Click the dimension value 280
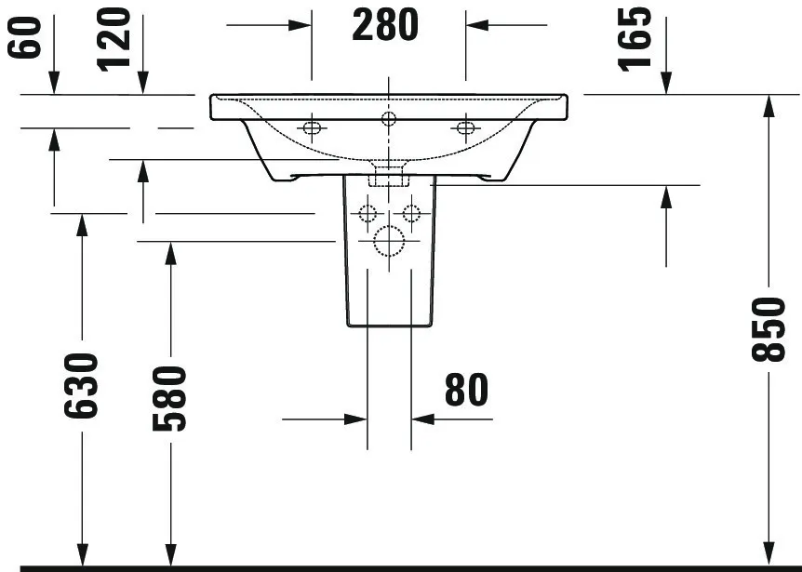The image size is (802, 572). click(386, 25)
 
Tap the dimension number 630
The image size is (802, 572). click(81, 385)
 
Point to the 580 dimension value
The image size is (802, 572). click(169, 397)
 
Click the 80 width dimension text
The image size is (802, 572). click(465, 391)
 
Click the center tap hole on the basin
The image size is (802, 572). click(388, 118)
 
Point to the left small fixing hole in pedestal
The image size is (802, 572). click(366, 215)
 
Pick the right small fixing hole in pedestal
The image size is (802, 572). click(410, 215)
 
